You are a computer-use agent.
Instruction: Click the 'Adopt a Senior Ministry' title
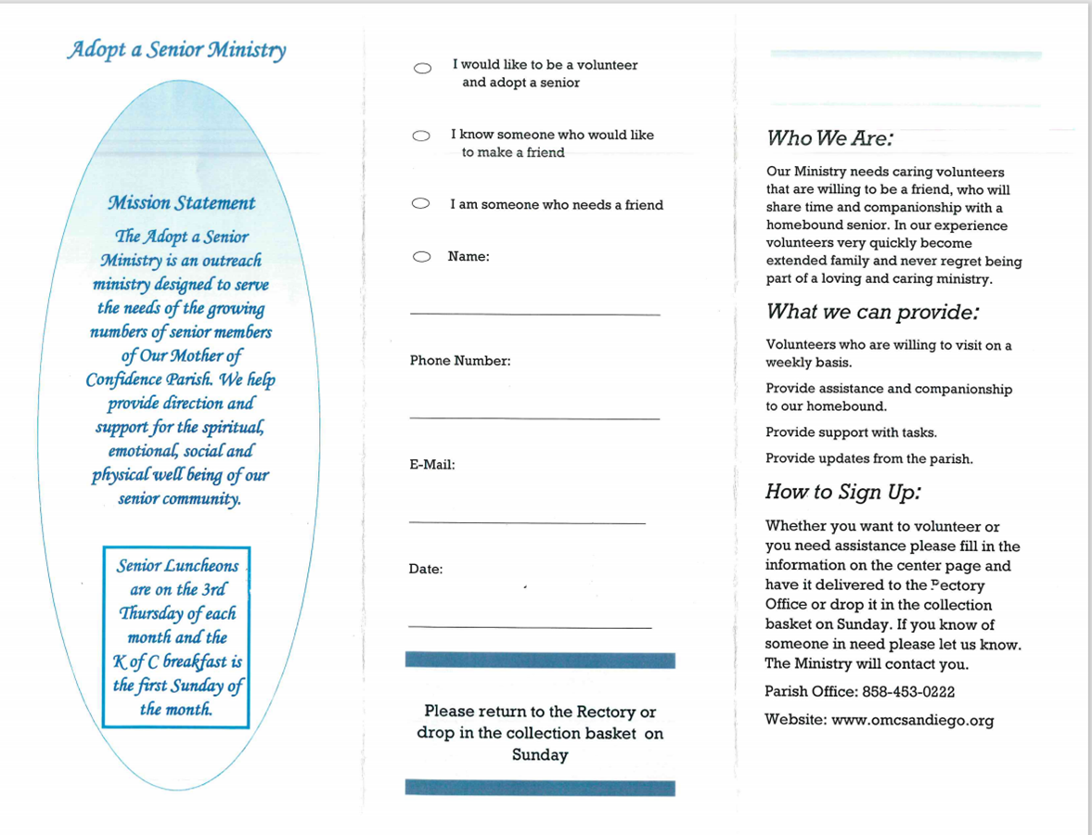click(x=176, y=49)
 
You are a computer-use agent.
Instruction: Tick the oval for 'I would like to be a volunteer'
click(x=422, y=68)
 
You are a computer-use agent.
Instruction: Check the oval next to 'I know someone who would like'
click(x=421, y=136)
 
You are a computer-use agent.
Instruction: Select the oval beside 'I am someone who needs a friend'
click(x=421, y=204)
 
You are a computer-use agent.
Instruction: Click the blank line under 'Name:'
click(x=534, y=315)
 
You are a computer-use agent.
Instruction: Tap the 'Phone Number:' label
click(x=460, y=361)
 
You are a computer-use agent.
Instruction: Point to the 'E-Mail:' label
click(x=432, y=465)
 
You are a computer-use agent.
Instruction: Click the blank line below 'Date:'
click(x=529, y=628)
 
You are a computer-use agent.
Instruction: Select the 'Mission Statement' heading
click(x=181, y=203)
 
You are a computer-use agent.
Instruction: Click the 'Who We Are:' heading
click(x=829, y=139)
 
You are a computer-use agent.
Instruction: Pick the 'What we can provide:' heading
click(x=873, y=312)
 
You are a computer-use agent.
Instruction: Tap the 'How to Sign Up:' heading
click(x=842, y=492)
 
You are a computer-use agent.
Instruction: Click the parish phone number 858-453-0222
click(x=908, y=692)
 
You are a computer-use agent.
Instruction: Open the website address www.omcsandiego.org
click(x=912, y=720)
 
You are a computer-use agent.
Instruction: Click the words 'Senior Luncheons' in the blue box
click(x=177, y=566)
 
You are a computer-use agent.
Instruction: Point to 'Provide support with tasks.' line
click(x=851, y=432)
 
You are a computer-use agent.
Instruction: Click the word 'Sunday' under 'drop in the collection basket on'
click(x=539, y=755)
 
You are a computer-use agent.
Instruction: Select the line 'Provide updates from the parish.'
click(x=868, y=458)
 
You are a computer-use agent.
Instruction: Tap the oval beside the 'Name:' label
click(x=421, y=257)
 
